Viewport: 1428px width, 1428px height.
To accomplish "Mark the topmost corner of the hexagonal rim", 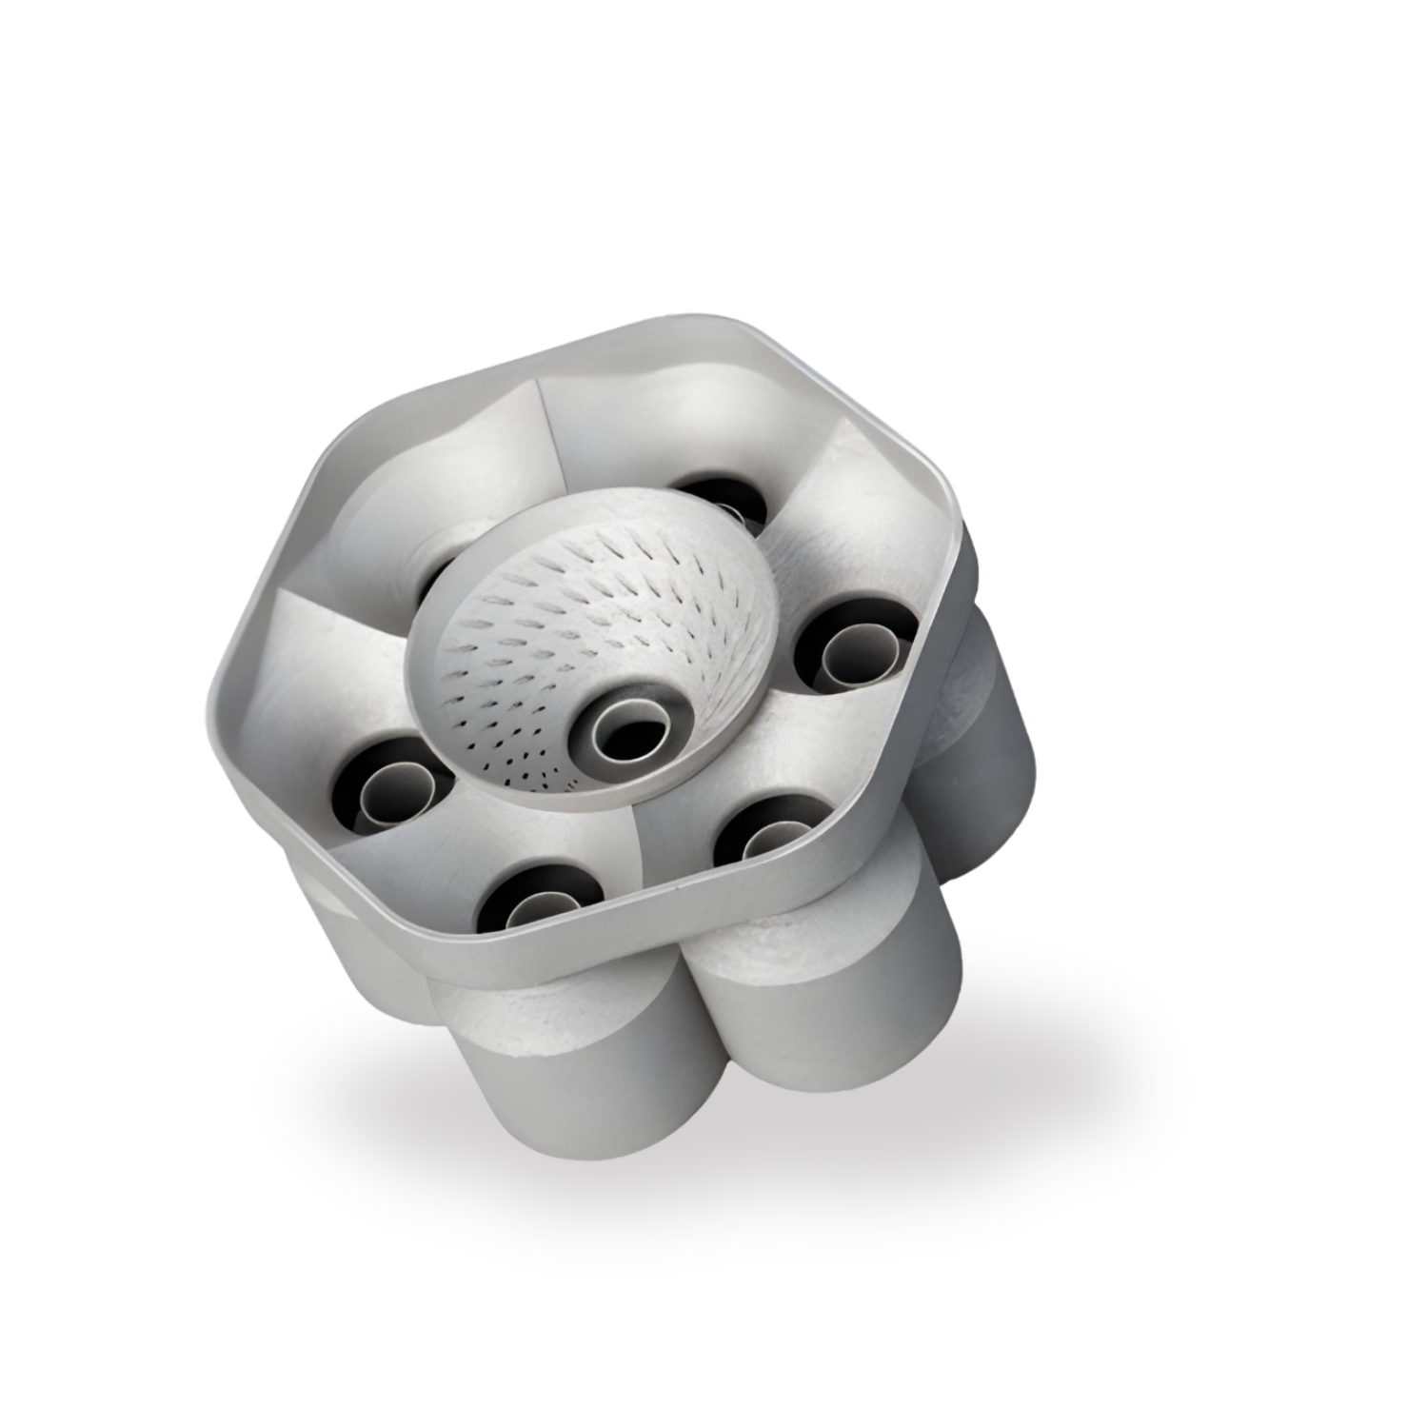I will tap(724, 324).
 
